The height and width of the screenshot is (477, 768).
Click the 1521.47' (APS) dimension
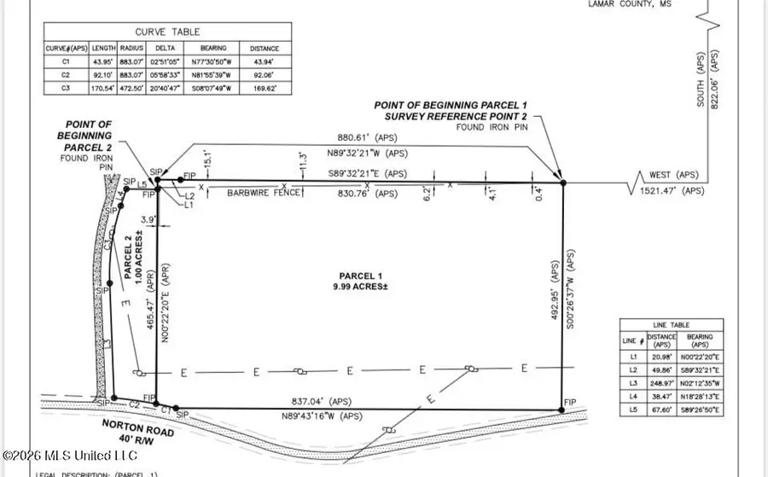(672, 191)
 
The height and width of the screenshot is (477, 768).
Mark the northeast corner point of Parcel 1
(562, 181)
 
